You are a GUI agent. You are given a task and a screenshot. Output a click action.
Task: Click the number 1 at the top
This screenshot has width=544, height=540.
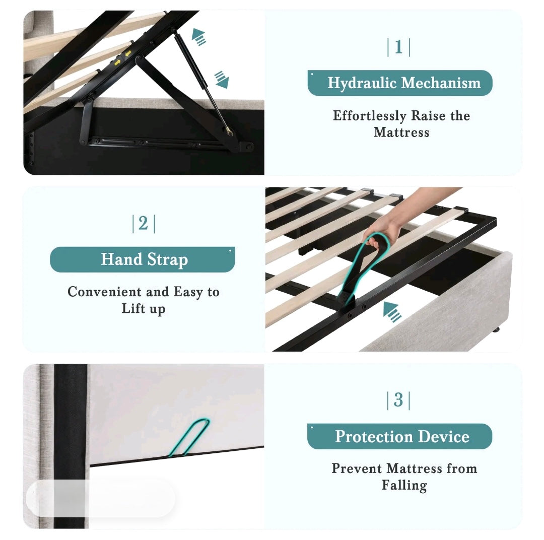[x=398, y=47]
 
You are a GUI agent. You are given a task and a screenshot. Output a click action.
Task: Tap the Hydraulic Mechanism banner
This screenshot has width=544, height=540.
[x=399, y=83]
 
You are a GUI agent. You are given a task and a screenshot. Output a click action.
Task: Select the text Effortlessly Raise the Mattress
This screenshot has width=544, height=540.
[x=401, y=124]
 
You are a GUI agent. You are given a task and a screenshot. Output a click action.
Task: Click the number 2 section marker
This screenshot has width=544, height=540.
[x=144, y=224]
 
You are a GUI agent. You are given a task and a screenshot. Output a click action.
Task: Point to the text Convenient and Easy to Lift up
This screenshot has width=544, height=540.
[x=144, y=300]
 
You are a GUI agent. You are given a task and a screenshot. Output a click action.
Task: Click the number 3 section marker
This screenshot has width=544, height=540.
[x=398, y=400]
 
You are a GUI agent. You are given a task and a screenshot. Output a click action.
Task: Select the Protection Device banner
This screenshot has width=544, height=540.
[x=399, y=436]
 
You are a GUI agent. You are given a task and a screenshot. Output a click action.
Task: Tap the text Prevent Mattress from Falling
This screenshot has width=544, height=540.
[x=404, y=477]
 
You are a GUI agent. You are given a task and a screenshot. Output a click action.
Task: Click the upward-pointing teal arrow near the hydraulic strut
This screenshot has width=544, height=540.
[x=199, y=37]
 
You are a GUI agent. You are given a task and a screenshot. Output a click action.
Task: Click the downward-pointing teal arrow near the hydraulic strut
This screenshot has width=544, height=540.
[x=221, y=79]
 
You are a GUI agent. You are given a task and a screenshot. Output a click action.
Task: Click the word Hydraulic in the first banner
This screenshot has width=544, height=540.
[x=356, y=83]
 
